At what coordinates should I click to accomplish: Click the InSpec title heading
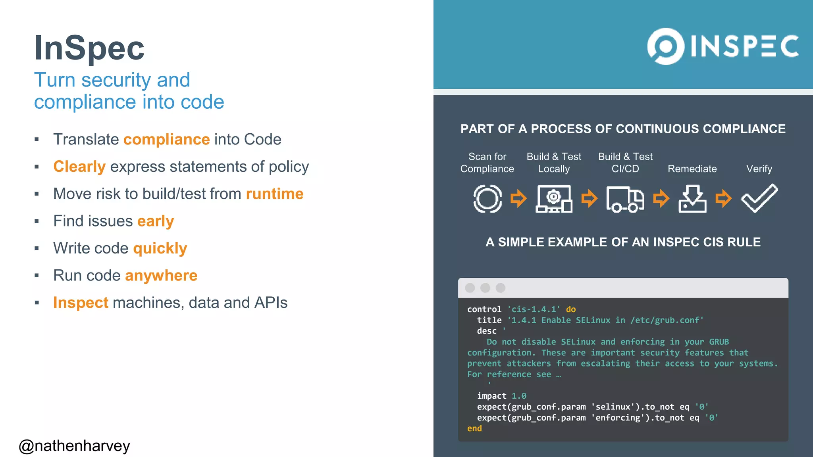tap(89, 48)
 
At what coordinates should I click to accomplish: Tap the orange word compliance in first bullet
tap(166, 140)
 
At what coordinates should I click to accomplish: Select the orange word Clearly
tap(79, 167)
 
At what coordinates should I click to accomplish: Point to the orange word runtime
tap(275, 194)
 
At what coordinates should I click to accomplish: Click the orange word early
tap(156, 221)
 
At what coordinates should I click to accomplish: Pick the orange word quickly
tap(160, 248)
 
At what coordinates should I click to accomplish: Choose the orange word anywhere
tap(161, 276)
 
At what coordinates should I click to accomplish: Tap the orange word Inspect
tap(81, 303)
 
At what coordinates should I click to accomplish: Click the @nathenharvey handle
tap(74, 446)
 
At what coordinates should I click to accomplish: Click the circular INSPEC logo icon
tap(666, 46)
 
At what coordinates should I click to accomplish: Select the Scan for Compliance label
tap(487, 163)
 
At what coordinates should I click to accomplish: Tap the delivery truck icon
tap(625, 199)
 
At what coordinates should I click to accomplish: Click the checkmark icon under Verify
tap(759, 198)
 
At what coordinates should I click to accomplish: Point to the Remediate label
tap(692, 169)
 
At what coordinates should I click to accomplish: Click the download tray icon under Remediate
tap(692, 199)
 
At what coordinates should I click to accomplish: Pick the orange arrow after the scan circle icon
tap(518, 198)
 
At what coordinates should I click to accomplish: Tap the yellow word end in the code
tap(474, 428)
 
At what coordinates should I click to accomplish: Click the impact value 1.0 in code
tap(519, 396)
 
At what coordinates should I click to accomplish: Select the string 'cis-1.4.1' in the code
tap(534, 309)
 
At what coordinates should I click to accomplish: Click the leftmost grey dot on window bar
tap(470, 288)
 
